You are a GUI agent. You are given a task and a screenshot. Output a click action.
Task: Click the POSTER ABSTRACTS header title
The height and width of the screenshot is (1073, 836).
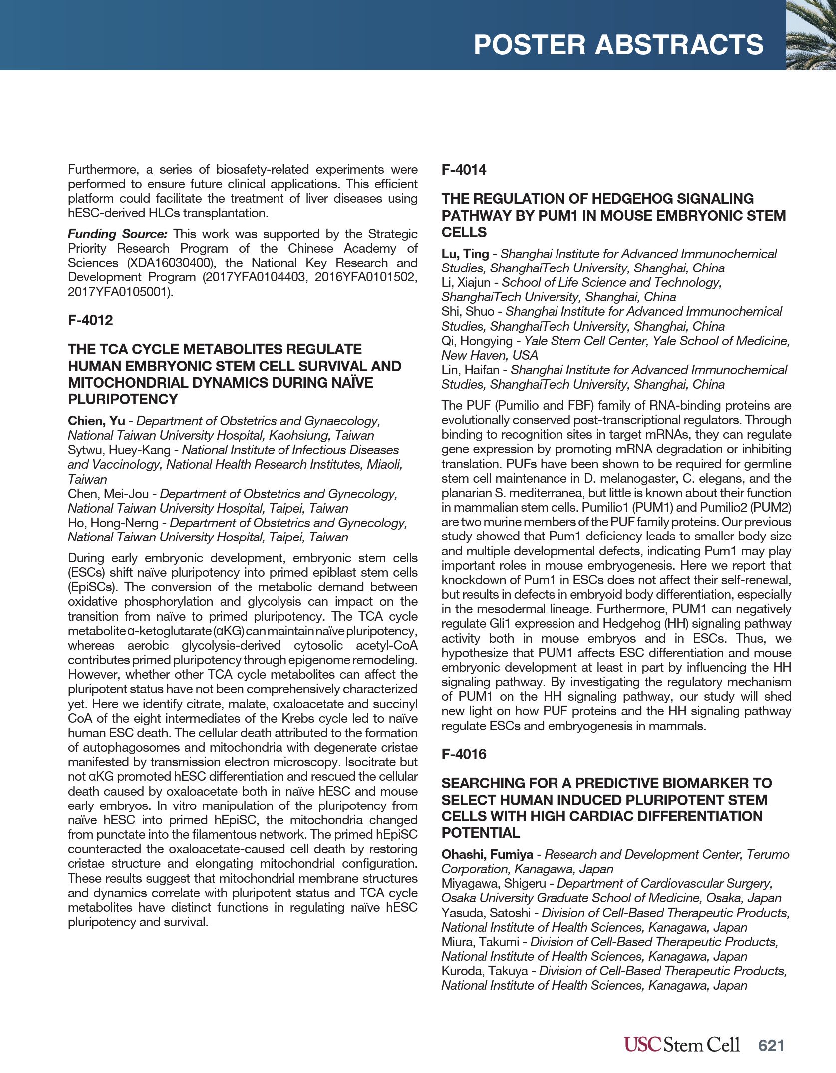[618, 45]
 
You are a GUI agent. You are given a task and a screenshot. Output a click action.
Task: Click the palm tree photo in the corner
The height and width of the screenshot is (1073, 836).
[811, 35]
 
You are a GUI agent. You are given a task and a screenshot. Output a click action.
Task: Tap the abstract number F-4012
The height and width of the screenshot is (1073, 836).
[90, 320]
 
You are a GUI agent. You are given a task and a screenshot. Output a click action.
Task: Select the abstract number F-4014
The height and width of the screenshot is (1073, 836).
[464, 170]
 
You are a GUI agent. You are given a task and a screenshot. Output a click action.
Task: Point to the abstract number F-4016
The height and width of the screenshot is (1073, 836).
[464, 754]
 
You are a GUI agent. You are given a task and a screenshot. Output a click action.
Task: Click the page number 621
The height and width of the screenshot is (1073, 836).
[771, 1046]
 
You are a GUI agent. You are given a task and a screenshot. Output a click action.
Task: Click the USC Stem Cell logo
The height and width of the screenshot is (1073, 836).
[681, 1044]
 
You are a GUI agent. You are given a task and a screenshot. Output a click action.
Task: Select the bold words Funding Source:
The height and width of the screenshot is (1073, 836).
[118, 234]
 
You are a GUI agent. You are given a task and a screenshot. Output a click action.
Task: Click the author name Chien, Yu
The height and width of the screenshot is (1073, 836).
[96, 421]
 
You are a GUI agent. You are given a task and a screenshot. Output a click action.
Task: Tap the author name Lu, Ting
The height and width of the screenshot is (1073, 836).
[465, 254]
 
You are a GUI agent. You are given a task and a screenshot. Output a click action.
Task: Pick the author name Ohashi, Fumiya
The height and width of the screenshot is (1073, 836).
[487, 854]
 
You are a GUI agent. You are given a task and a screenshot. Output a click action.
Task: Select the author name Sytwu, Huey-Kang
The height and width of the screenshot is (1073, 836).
[119, 450]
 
